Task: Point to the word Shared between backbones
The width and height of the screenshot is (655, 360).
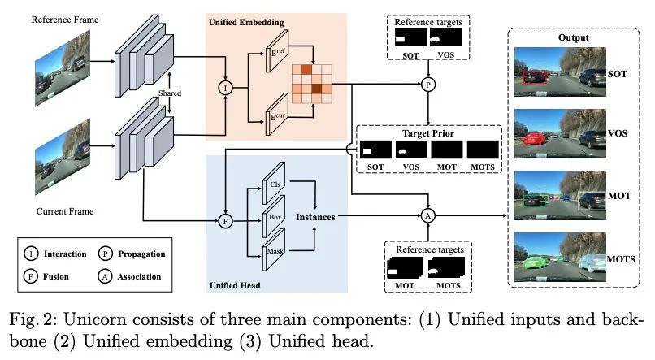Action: point(170,93)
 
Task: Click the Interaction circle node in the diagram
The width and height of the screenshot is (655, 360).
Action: point(223,87)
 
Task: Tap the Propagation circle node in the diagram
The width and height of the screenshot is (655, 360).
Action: point(427,83)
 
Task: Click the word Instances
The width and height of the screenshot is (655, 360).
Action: point(315,217)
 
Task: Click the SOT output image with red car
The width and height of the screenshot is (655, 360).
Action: point(558,74)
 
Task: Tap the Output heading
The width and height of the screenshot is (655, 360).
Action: point(573,37)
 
